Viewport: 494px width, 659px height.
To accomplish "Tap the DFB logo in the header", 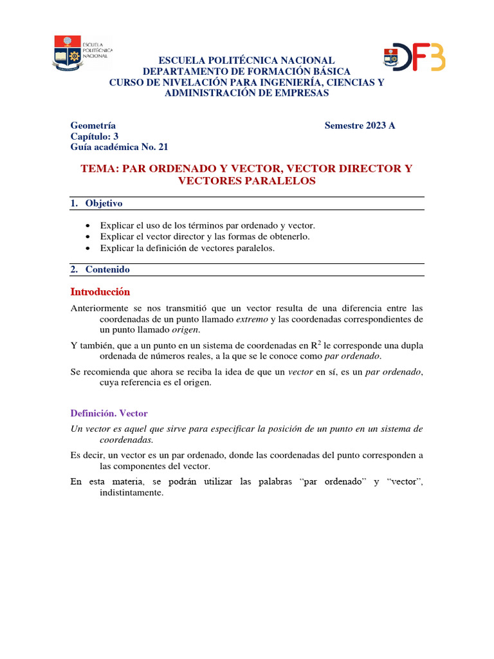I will (414, 57).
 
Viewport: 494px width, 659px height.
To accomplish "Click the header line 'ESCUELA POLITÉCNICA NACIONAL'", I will (247, 60).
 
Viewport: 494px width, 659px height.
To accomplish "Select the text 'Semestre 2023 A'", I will (360, 125).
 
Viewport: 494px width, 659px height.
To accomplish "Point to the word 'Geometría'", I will (93, 125).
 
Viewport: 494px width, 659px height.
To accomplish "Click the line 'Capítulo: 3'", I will (95, 136).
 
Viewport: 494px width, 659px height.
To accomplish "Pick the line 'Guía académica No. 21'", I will (119, 147).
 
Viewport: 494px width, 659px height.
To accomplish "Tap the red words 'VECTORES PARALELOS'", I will (247, 181).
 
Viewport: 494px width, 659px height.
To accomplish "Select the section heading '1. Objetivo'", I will (96, 203).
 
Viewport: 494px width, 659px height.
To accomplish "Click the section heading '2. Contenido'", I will (100, 270).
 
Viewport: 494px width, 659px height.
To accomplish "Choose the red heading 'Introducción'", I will (100, 292).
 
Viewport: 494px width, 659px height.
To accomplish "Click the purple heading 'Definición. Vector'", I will (109, 413).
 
